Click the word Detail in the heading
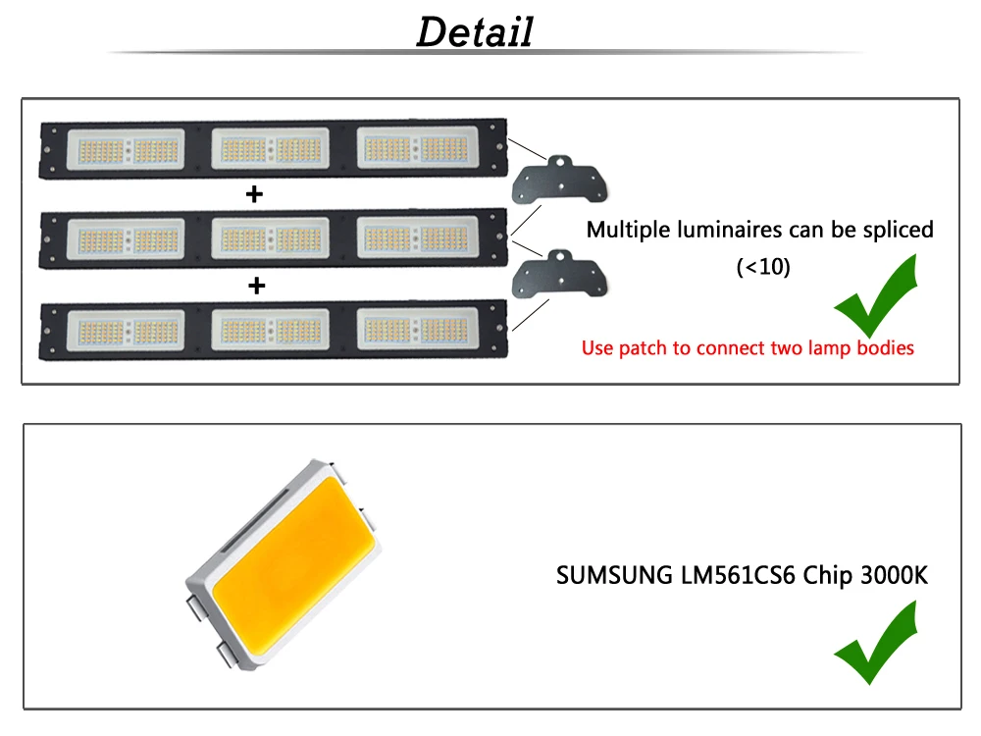point(475,32)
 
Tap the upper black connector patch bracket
point(559,181)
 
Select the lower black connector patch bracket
point(559,274)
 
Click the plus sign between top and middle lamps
point(254,194)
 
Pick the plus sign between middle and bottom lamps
point(256,286)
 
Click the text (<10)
point(763,267)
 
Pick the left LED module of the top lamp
point(126,149)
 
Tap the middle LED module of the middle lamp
point(271,238)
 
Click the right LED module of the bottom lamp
point(417,329)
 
